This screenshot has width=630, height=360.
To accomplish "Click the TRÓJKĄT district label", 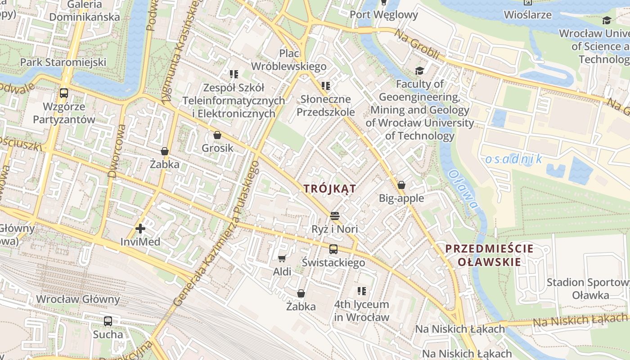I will (x=330, y=189).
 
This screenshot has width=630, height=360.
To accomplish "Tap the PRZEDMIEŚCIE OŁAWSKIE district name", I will (x=489, y=255).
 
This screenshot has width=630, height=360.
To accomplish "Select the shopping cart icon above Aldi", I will (x=282, y=258).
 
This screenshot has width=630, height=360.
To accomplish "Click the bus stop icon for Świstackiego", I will (x=333, y=249).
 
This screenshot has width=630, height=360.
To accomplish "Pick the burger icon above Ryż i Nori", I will (x=334, y=216).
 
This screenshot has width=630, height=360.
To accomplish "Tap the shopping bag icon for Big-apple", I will (x=401, y=185).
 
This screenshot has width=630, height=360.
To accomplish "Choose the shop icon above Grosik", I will (x=217, y=135).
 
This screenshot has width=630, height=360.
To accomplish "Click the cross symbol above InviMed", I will (x=140, y=229).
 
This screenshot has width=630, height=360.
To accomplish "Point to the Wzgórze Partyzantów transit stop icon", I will (x=64, y=93).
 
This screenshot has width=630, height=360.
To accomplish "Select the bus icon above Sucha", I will (x=108, y=321).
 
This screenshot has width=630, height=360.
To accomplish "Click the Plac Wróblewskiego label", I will (x=289, y=60).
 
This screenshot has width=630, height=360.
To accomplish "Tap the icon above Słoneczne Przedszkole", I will (x=326, y=85).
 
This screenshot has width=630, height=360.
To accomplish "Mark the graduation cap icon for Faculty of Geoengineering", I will (x=419, y=71).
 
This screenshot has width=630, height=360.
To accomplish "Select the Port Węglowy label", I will (x=384, y=14).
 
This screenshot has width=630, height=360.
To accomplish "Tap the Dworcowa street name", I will (x=116, y=151).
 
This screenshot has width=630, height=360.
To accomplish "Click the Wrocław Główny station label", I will (x=78, y=299).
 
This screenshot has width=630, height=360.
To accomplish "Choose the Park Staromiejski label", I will (x=63, y=62).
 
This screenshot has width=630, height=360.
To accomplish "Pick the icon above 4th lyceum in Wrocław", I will (x=361, y=291).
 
